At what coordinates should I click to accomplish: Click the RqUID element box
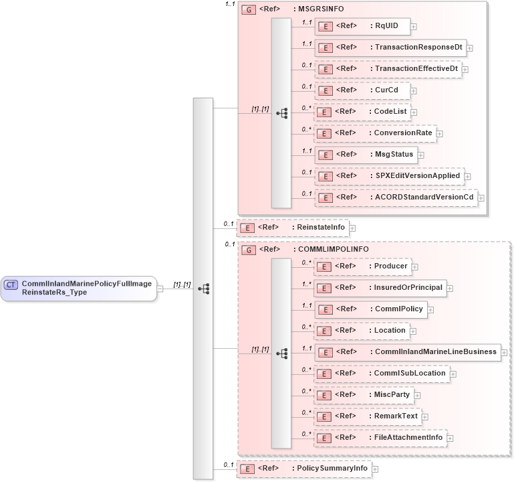[x=362, y=26]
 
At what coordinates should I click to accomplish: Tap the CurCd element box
[x=362, y=90]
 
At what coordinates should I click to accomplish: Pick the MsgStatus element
[x=366, y=155]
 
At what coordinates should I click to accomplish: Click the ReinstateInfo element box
[x=293, y=228]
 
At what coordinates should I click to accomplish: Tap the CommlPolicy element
[x=370, y=309]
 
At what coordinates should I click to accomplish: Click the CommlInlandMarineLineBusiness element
[x=407, y=351]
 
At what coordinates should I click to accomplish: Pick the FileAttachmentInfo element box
[x=381, y=437]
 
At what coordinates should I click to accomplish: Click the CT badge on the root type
[x=11, y=285]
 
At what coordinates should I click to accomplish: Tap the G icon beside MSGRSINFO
[x=248, y=11]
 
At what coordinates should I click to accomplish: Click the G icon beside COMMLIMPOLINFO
[x=248, y=250]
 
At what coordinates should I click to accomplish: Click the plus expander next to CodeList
[x=414, y=112]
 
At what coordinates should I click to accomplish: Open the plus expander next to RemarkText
[x=424, y=416]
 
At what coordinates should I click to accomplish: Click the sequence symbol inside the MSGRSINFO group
[x=281, y=113]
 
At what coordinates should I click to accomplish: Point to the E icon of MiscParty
[x=324, y=394]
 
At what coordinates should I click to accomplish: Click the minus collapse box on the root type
[x=160, y=289]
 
